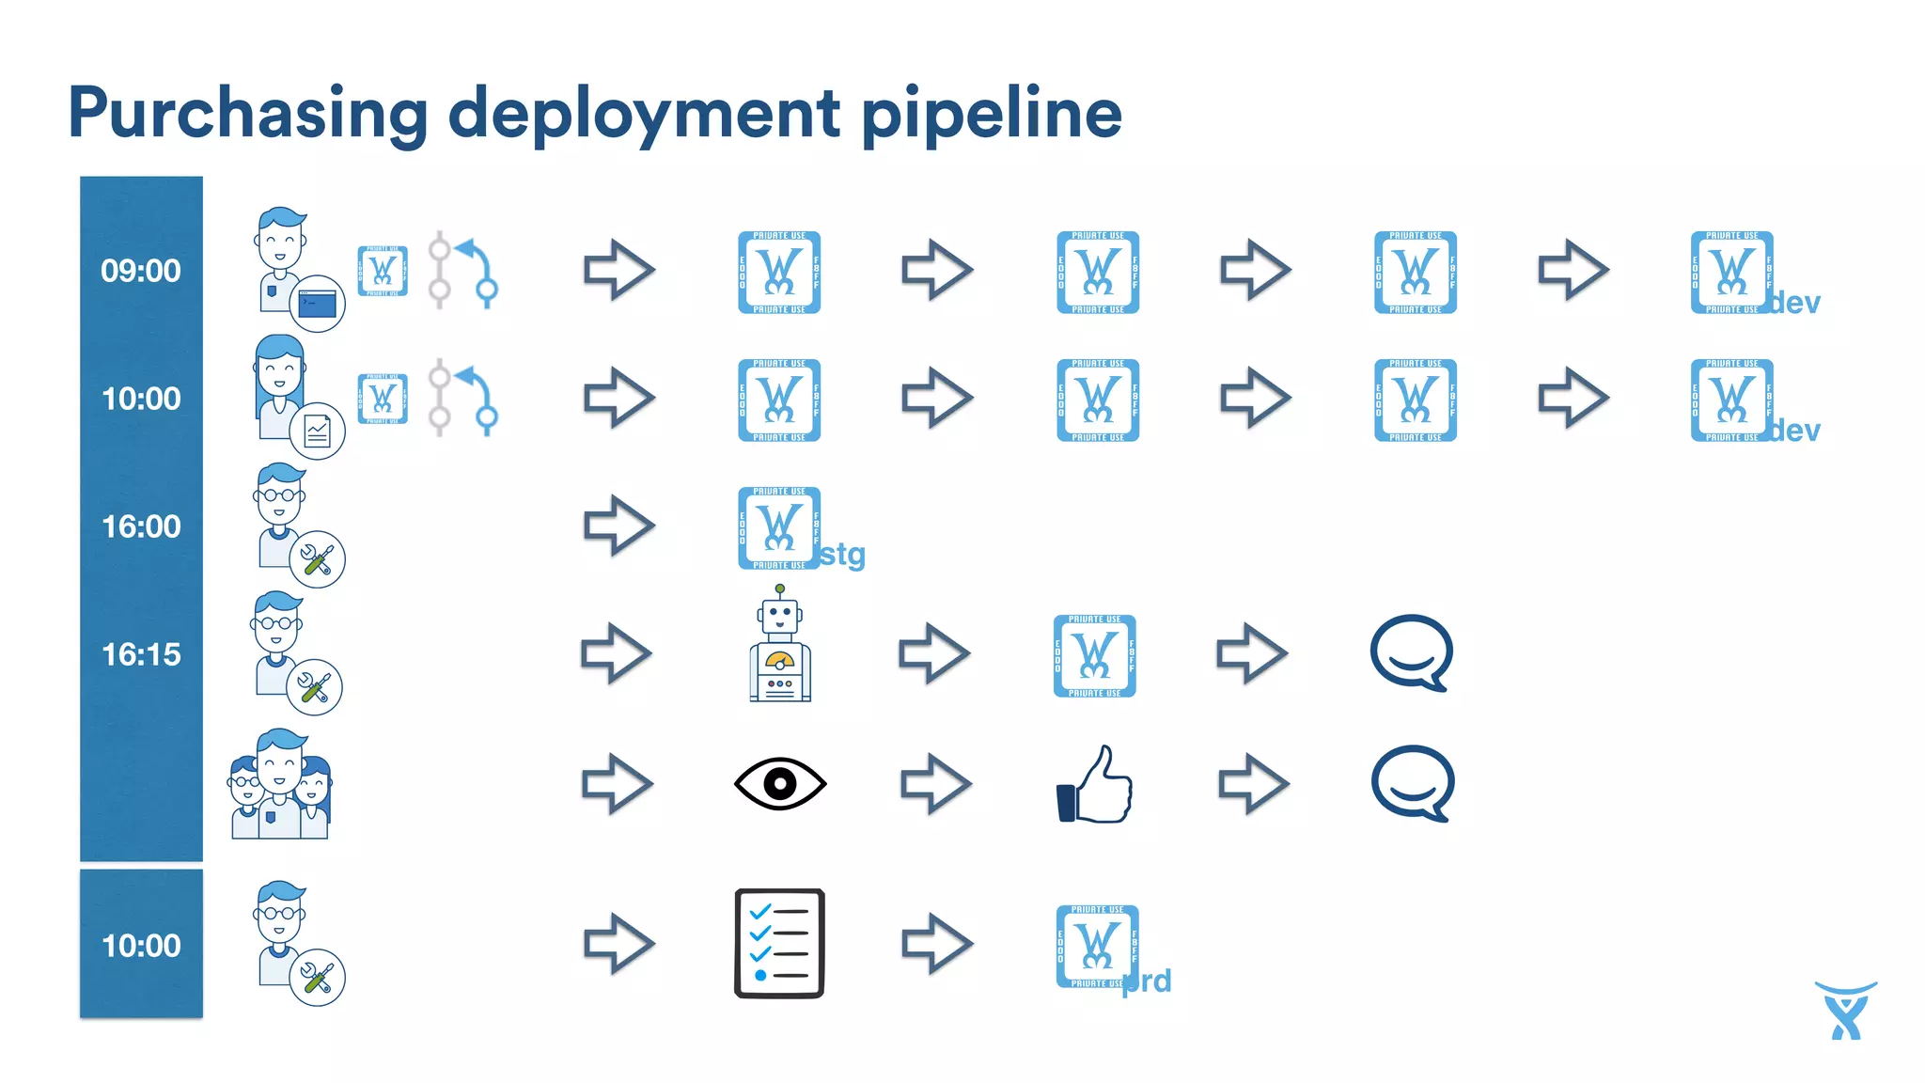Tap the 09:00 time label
[x=141, y=271]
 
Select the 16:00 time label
[x=141, y=526]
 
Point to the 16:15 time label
[x=141, y=654]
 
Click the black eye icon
[x=780, y=783]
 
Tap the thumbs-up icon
[x=1096, y=786]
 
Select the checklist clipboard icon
[x=779, y=943]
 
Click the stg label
[x=842, y=555]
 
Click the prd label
[x=1147, y=981]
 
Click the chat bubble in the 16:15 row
[x=1412, y=652]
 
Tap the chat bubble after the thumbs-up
[x=1413, y=783]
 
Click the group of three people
[x=280, y=785]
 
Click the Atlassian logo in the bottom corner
[x=1845, y=1011]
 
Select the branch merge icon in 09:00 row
[x=463, y=271]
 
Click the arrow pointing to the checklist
[x=618, y=943]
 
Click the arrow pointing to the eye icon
[x=617, y=783]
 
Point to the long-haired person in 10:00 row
[x=280, y=387]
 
